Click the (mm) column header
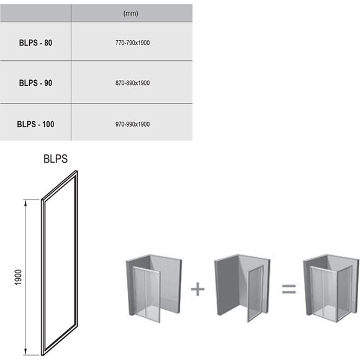(130, 14)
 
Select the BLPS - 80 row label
(35, 43)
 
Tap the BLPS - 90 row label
(35, 83)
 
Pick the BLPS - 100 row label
(35, 124)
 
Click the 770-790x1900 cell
(132, 43)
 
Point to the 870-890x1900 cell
(132, 83)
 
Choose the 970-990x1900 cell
(132, 124)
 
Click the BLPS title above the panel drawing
(56, 159)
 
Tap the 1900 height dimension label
(18, 277)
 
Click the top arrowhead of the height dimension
(25, 203)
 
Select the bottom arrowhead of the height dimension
(25, 352)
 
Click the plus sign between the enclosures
(197, 289)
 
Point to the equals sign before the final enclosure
(289, 289)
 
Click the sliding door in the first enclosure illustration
(146, 294)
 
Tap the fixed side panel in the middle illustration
(255, 294)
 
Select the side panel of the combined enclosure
(344, 294)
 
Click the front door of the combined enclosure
(324, 294)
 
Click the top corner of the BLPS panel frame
(76, 171)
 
